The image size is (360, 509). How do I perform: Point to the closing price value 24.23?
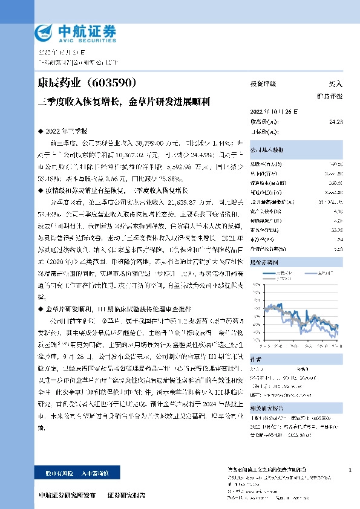pos(336,122)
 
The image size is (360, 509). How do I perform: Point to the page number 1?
pos(351,470)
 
